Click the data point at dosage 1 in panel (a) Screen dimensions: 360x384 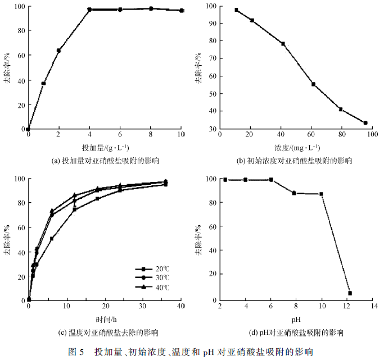click(43, 84)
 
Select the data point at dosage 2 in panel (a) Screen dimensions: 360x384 click(58, 51)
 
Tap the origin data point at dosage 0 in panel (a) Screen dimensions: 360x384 click(28, 129)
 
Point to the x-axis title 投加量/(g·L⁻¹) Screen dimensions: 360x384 click(105, 148)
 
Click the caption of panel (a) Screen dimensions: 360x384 click(105, 161)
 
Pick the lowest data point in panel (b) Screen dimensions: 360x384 click(365, 123)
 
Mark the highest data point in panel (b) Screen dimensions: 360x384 click(236, 10)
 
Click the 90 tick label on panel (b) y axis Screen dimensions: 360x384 click(211, 24)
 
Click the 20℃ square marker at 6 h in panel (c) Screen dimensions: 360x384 click(52, 239)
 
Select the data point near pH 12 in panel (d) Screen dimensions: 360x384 click(350, 293)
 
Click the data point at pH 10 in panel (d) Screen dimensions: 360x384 click(321, 194)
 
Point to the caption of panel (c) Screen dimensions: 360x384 click(105, 332)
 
